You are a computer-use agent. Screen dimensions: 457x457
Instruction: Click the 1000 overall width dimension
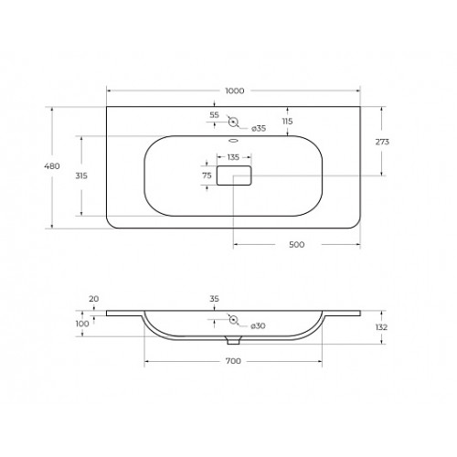(235, 90)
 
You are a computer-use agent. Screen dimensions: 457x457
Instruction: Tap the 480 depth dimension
(52, 166)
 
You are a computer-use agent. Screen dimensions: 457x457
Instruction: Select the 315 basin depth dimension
(81, 175)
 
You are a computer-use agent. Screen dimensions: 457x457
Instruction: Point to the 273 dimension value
(382, 142)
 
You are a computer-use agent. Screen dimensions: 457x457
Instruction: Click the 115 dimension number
(287, 122)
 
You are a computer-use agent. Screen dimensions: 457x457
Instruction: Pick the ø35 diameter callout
(259, 128)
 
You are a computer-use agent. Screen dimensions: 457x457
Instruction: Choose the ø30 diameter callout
(258, 326)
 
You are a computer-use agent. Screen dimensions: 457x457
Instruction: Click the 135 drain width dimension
(233, 157)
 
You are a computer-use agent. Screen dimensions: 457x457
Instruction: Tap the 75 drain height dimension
(207, 175)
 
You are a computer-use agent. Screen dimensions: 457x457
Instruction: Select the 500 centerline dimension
(296, 244)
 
